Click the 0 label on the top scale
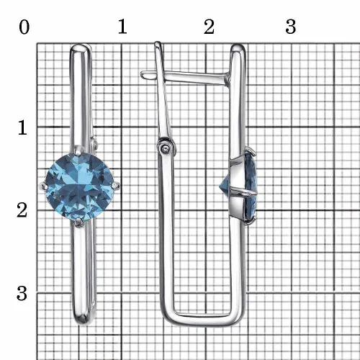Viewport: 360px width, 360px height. (24, 27)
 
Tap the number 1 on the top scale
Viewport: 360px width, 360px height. (122, 26)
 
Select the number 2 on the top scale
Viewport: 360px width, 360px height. (209, 27)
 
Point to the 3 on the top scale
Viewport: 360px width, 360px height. (291, 26)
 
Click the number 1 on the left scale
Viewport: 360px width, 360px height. (22, 127)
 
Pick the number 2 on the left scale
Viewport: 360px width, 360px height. (22, 210)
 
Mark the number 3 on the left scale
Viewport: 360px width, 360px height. (22, 293)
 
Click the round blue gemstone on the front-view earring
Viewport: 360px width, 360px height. (79, 186)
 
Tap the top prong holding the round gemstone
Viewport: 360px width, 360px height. (78, 150)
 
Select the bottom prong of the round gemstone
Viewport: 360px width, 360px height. (78, 222)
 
